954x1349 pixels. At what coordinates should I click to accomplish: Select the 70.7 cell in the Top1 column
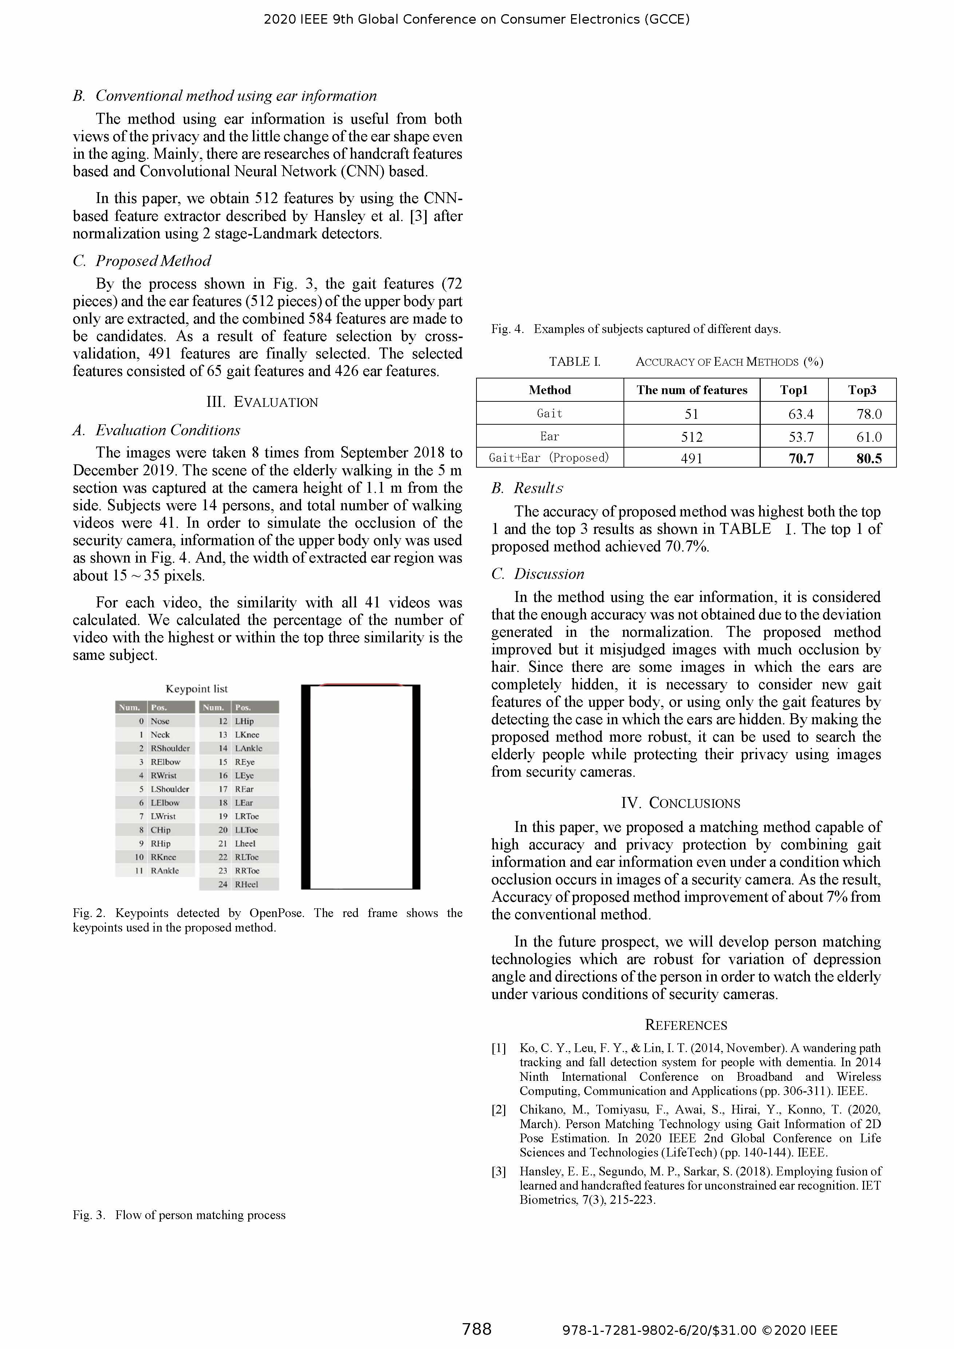click(x=801, y=458)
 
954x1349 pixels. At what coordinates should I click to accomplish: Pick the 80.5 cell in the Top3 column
click(x=869, y=458)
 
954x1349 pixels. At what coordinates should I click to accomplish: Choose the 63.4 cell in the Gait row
click(x=801, y=414)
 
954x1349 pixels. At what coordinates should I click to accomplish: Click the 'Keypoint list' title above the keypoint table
click(x=196, y=689)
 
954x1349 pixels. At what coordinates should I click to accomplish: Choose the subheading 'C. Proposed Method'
click(x=142, y=261)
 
